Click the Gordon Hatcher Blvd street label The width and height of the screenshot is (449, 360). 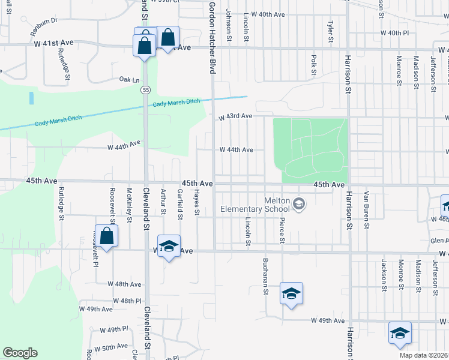click(x=212, y=37)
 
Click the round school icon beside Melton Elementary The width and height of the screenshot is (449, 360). click(x=298, y=205)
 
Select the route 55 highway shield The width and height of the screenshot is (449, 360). click(x=146, y=89)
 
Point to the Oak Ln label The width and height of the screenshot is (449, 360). click(x=129, y=79)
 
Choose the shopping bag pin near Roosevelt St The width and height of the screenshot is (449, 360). click(x=106, y=236)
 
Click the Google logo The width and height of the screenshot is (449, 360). click(x=20, y=353)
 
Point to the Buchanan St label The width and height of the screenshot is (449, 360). click(x=265, y=276)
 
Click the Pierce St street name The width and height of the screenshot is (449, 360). click(x=281, y=230)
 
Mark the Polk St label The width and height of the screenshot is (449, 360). click(x=313, y=64)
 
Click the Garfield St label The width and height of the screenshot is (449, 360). click(x=179, y=201)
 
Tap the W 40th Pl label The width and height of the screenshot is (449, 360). click(x=394, y=33)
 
